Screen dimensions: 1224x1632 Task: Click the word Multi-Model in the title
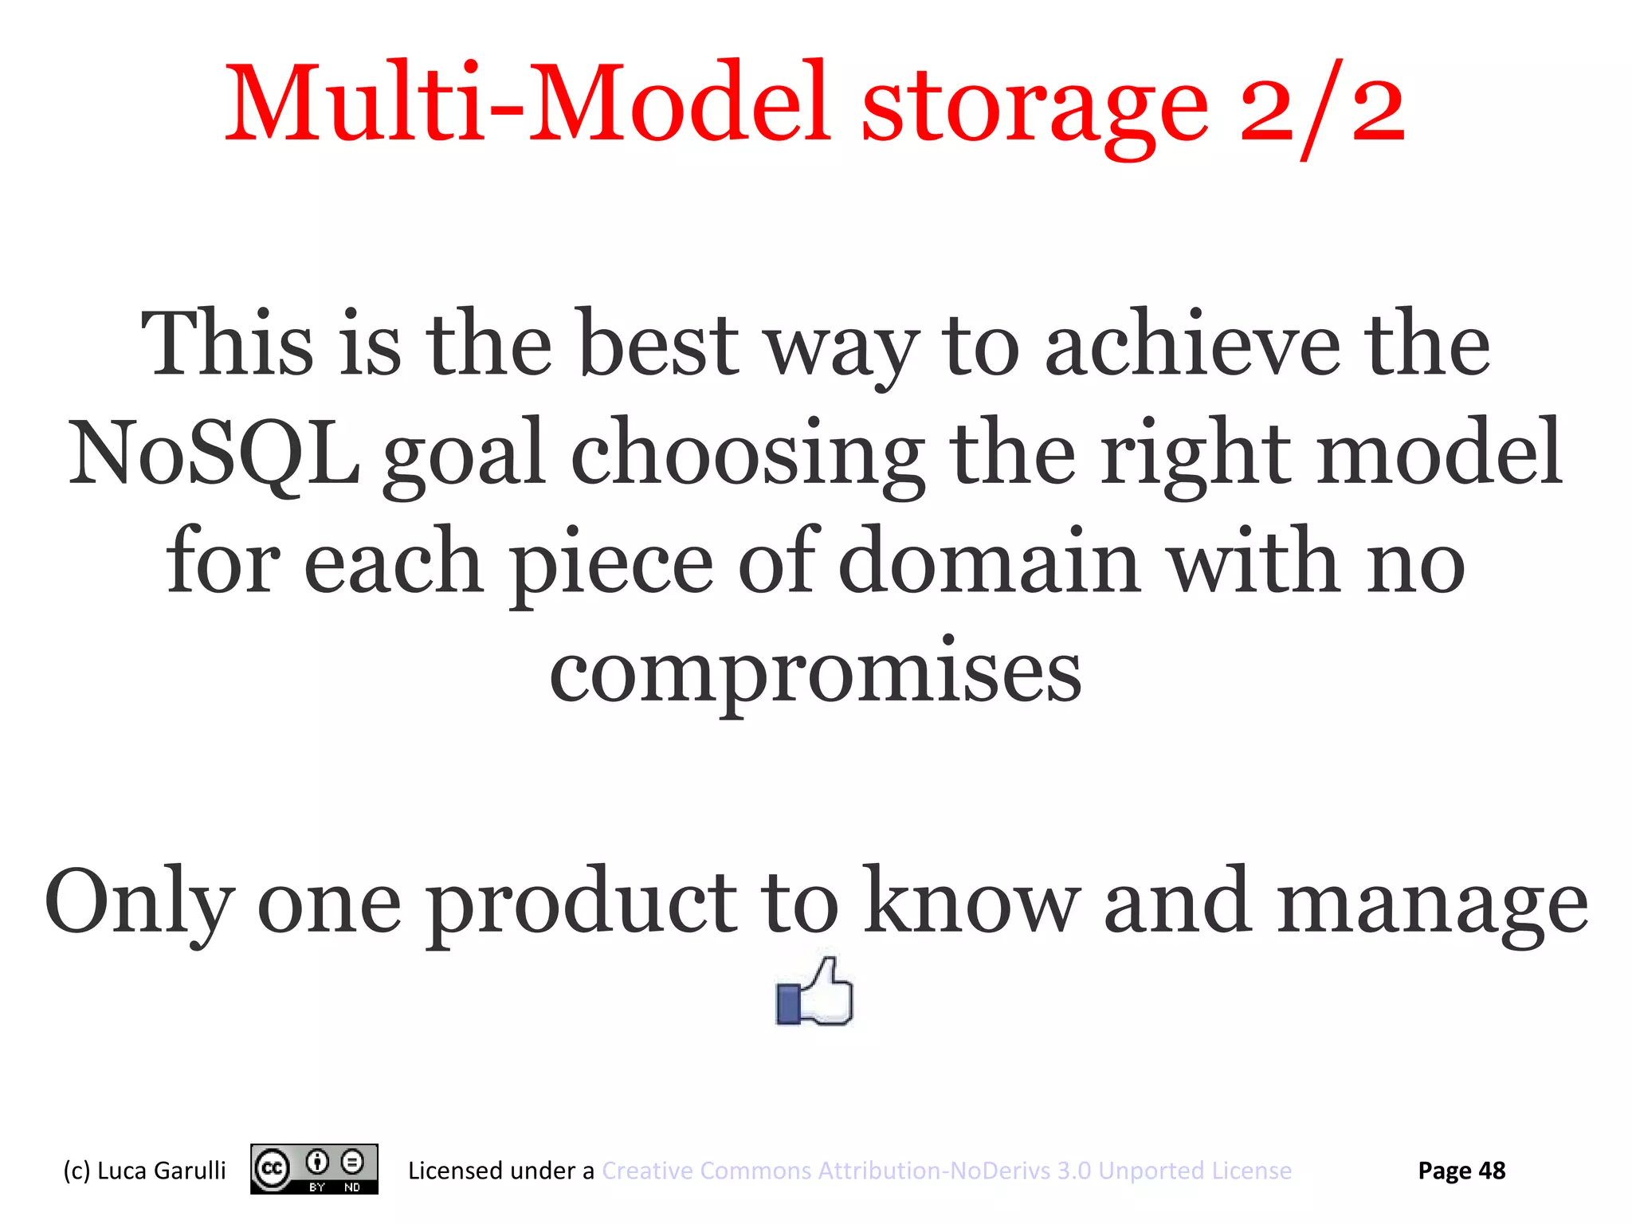pyautogui.click(x=526, y=104)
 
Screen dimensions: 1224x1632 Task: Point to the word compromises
pyautogui.click(x=815, y=673)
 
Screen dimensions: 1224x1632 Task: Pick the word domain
pyautogui.click(x=989, y=562)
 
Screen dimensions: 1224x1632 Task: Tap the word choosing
pyautogui.click(x=747, y=454)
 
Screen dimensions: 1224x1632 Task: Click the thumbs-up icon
pyautogui.click(x=814, y=992)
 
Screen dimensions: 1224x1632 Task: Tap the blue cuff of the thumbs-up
pyautogui.click(x=788, y=1004)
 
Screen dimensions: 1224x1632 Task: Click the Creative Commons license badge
pyautogui.click(x=314, y=1169)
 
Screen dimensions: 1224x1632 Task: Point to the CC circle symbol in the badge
pyautogui.click(x=272, y=1169)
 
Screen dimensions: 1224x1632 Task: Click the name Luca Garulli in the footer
pyautogui.click(x=161, y=1171)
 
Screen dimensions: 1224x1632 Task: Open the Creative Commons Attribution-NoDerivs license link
pyautogui.click(x=946, y=1171)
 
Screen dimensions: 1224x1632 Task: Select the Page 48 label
pyautogui.click(x=1461, y=1171)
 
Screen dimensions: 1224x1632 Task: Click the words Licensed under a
pyautogui.click(x=500, y=1171)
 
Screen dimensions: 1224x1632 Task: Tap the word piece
pyautogui.click(x=611, y=562)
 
